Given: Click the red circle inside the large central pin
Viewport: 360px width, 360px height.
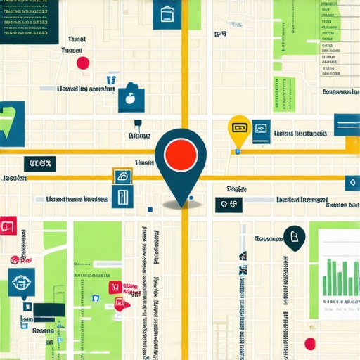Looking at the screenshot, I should (181, 153).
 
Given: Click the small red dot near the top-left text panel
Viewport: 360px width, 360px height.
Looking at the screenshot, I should (83, 63).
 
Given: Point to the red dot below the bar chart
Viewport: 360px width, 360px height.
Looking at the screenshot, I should (309, 343).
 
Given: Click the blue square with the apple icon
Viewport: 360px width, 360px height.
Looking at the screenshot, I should (131, 98).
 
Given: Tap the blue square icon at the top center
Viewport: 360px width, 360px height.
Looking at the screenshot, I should (167, 14).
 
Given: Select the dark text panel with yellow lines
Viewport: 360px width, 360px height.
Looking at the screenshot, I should (28, 21).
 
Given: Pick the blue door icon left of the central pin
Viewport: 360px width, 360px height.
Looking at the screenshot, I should (120, 188).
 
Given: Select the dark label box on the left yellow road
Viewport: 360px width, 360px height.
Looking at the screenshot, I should (39, 164).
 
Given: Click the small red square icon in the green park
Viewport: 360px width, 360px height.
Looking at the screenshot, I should (113, 287).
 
